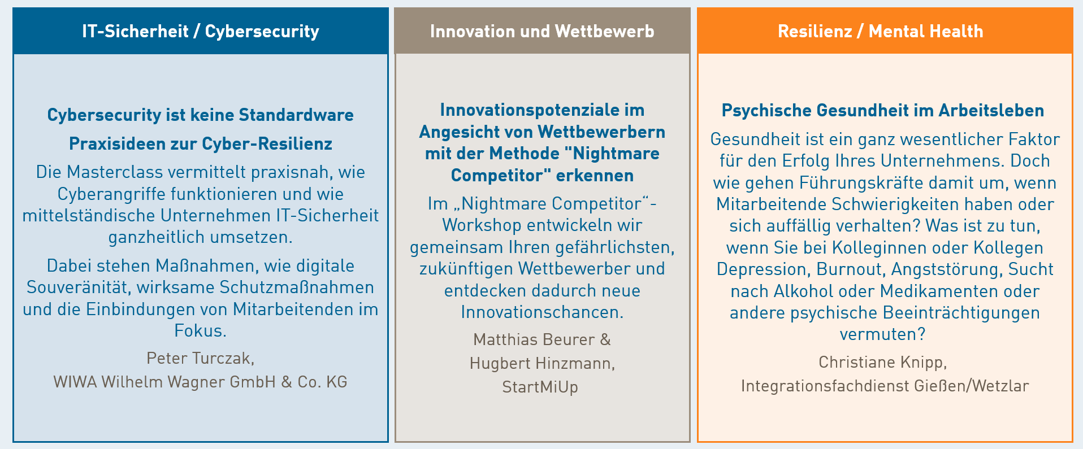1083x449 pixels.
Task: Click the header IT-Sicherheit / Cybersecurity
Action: point(201,31)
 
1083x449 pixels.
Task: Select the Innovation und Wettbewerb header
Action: point(542,31)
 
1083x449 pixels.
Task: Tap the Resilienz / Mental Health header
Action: point(881,31)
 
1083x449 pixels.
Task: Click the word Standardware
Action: point(296,115)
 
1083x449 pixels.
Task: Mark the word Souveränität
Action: point(79,287)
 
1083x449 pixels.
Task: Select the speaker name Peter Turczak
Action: point(201,358)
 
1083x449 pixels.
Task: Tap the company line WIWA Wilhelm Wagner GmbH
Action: point(164,382)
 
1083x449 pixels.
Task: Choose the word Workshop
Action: point(482,225)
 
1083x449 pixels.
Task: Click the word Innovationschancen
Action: point(542,312)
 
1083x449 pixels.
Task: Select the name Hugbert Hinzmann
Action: point(542,363)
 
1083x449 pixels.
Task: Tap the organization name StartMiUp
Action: point(540,387)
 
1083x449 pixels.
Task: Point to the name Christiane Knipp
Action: point(882,362)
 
